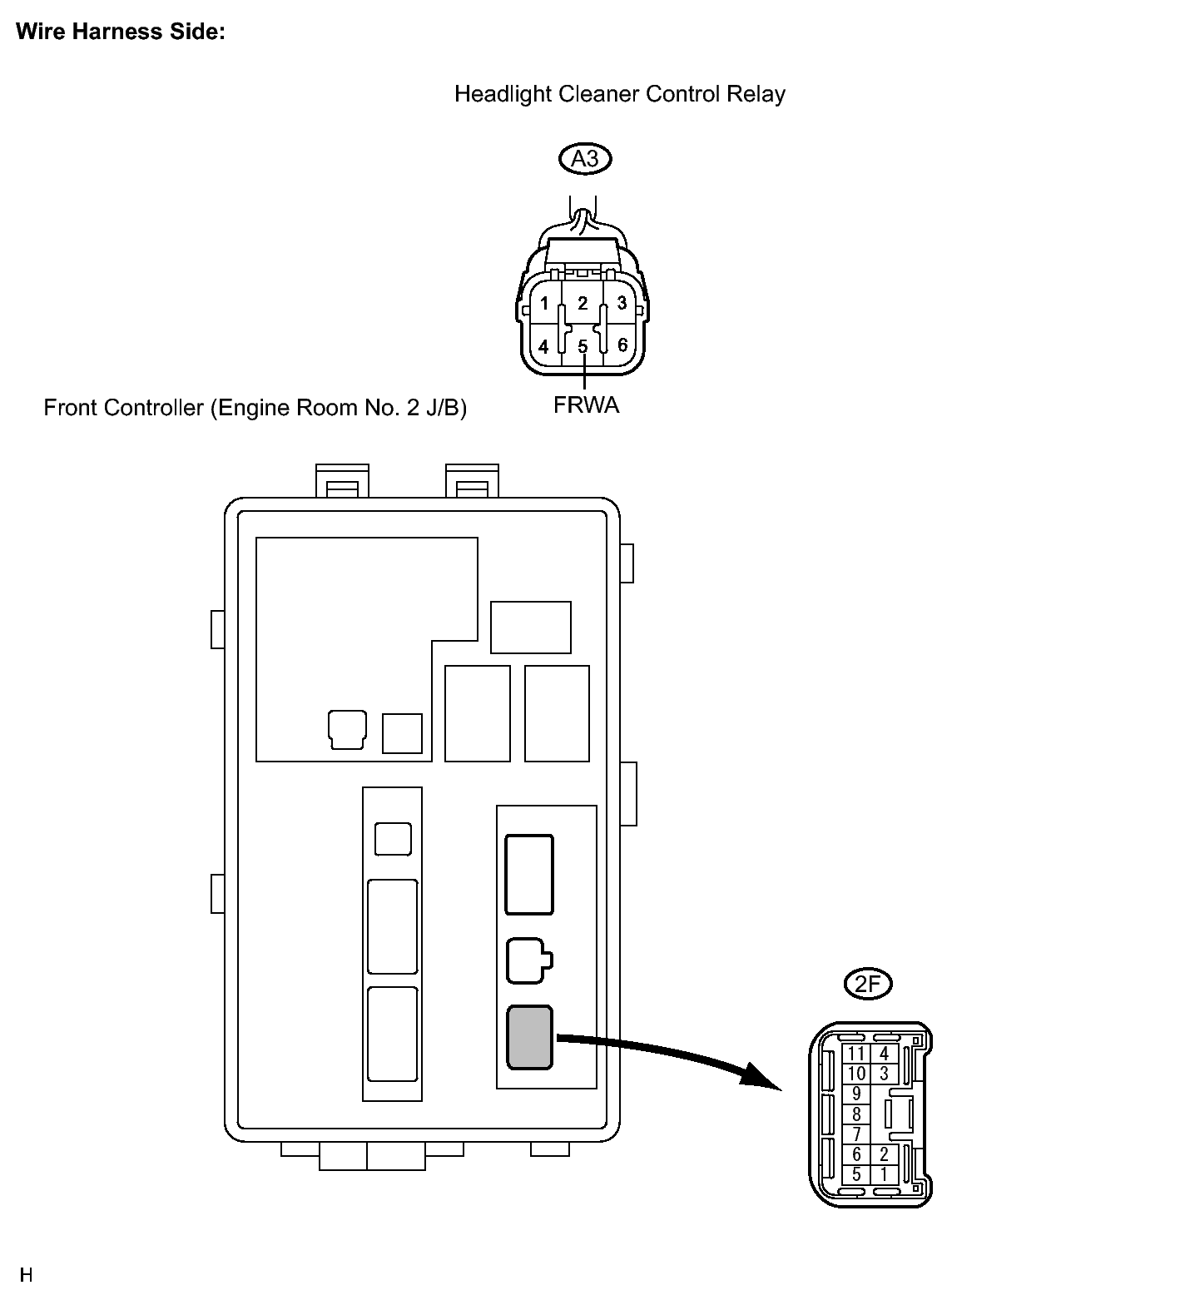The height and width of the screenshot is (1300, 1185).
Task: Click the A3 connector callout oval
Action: click(585, 158)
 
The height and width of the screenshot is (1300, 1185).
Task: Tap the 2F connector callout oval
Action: click(867, 985)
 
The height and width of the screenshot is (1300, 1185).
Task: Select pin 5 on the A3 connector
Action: click(583, 345)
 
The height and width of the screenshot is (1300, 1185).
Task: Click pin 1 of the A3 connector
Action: click(544, 303)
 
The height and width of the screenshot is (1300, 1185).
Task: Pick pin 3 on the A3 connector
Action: click(622, 303)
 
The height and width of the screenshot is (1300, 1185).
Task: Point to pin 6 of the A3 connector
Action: click(622, 345)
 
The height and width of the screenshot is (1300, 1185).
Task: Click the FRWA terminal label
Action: click(586, 405)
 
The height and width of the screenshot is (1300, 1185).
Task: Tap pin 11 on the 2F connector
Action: click(856, 1054)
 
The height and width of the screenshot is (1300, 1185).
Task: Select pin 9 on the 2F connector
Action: click(856, 1094)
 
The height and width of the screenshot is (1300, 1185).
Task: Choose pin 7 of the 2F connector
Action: click(856, 1134)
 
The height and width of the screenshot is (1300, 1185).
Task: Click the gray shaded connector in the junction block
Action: click(529, 1037)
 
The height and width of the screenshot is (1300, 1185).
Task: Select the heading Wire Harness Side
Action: click(121, 32)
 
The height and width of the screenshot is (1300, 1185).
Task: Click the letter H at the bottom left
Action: click(26, 1275)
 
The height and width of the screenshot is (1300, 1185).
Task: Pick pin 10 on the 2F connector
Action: click(856, 1074)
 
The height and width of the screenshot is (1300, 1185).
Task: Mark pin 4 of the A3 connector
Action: click(544, 345)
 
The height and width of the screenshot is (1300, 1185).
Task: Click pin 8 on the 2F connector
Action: click(856, 1114)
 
